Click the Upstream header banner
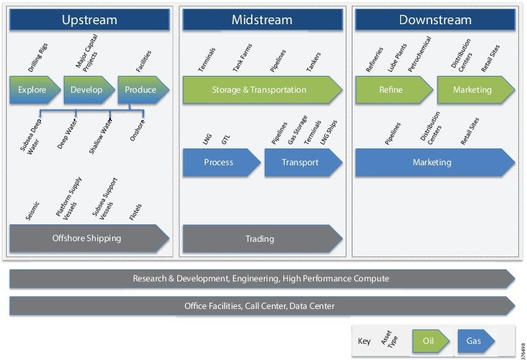[x=89, y=20]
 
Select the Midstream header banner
[x=262, y=20]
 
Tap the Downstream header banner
[x=435, y=20]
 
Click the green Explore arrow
[x=33, y=90]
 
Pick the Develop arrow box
[x=87, y=90]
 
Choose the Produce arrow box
[x=141, y=90]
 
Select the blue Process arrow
[x=220, y=163]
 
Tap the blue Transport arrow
[x=301, y=163]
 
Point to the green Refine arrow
[x=391, y=90]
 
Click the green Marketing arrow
[x=473, y=90]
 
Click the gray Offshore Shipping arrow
[x=87, y=238]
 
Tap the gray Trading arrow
[x=260, y=238]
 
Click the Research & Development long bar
[x=260, y=278]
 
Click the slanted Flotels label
[x=136, y=212]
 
